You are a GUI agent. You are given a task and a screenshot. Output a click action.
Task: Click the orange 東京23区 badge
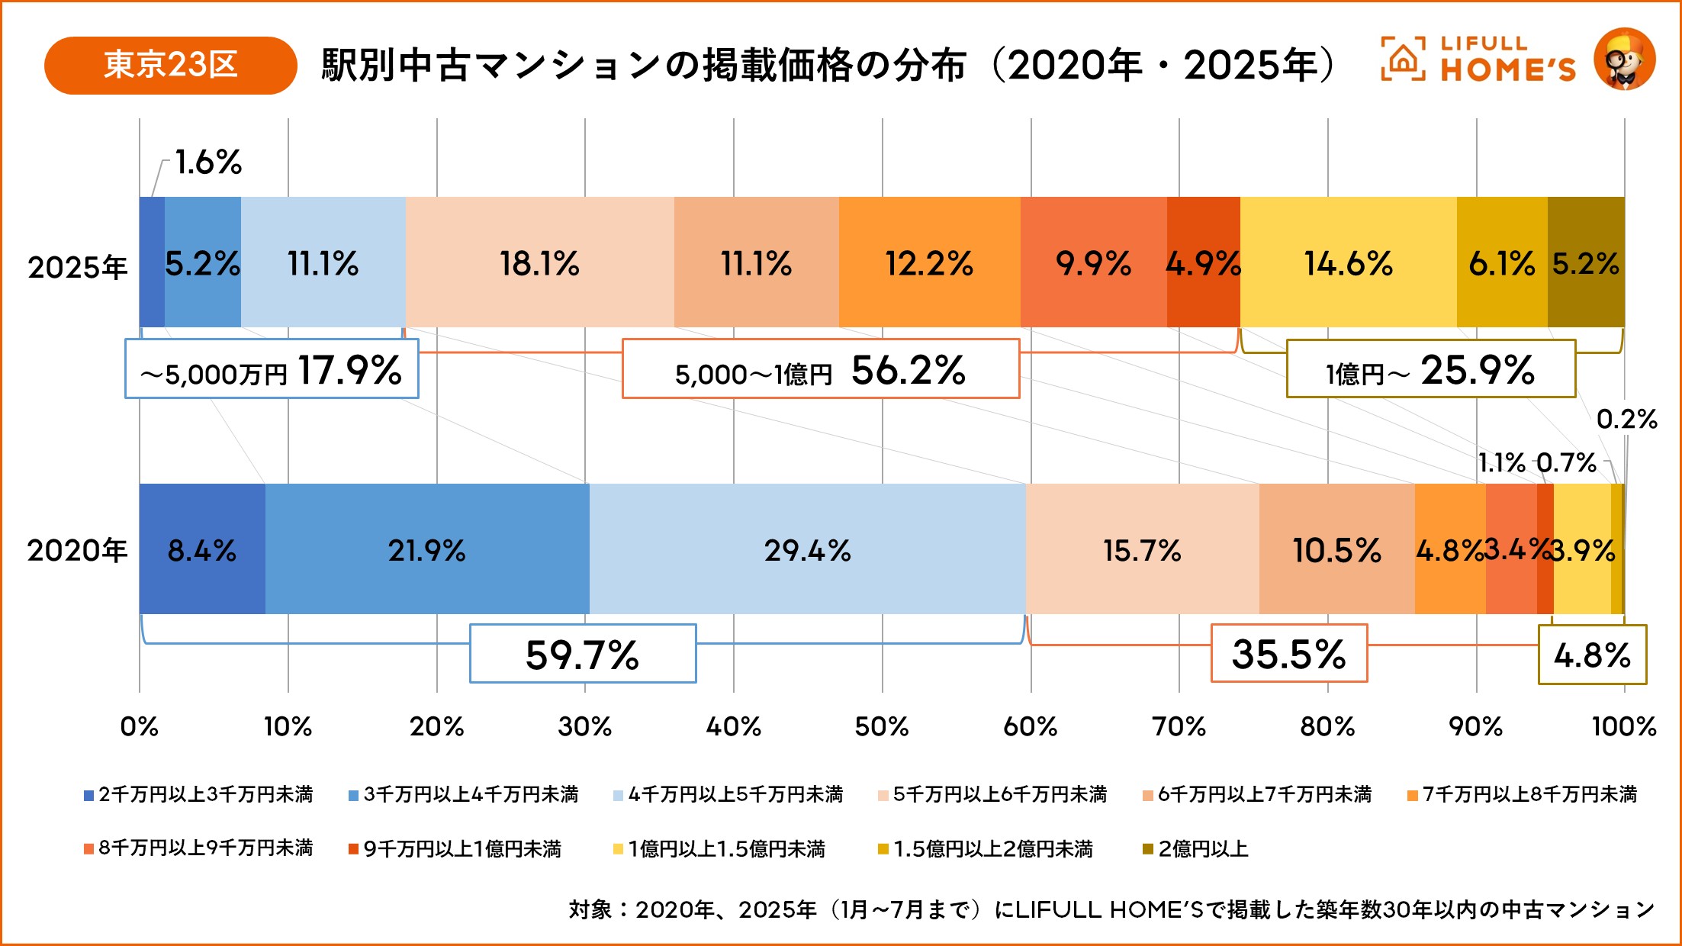(170, 65)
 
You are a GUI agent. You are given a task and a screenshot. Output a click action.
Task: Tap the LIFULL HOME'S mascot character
(1625, 60)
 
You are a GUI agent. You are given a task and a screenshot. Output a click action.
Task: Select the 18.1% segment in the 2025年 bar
(539, 263)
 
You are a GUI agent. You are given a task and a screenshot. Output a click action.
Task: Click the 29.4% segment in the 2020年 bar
(807, 549)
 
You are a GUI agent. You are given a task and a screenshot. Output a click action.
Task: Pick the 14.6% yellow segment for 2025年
(1348, 263)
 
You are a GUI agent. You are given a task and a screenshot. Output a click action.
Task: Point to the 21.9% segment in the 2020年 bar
(426, 549)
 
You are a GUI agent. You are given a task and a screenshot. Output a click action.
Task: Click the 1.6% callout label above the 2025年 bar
(207, 162)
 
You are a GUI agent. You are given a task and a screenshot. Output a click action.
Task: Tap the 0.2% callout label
(1626, 419)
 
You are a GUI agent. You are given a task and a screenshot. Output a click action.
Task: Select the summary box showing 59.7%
(583, 654)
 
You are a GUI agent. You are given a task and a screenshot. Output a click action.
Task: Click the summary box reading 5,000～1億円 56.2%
(821, 369)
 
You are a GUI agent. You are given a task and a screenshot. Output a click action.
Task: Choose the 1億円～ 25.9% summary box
(1431, 369)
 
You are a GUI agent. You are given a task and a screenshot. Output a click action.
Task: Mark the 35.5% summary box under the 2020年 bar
(1289, 654)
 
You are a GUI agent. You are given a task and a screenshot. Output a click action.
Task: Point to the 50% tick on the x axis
(882, 726)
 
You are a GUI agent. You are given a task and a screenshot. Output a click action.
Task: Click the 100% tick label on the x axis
(1624, 726)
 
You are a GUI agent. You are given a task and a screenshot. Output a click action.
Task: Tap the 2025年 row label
(77, 267)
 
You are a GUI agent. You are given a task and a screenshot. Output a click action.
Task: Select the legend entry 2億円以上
(1195, 848)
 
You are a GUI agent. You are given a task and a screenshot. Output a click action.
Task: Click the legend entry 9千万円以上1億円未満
(455, 848)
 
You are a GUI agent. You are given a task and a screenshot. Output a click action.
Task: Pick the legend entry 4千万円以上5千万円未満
(728, 795)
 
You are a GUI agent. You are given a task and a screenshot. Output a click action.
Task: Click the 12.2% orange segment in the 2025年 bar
(929, 263)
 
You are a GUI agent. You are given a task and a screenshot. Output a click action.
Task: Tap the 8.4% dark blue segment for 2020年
(201, 549)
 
